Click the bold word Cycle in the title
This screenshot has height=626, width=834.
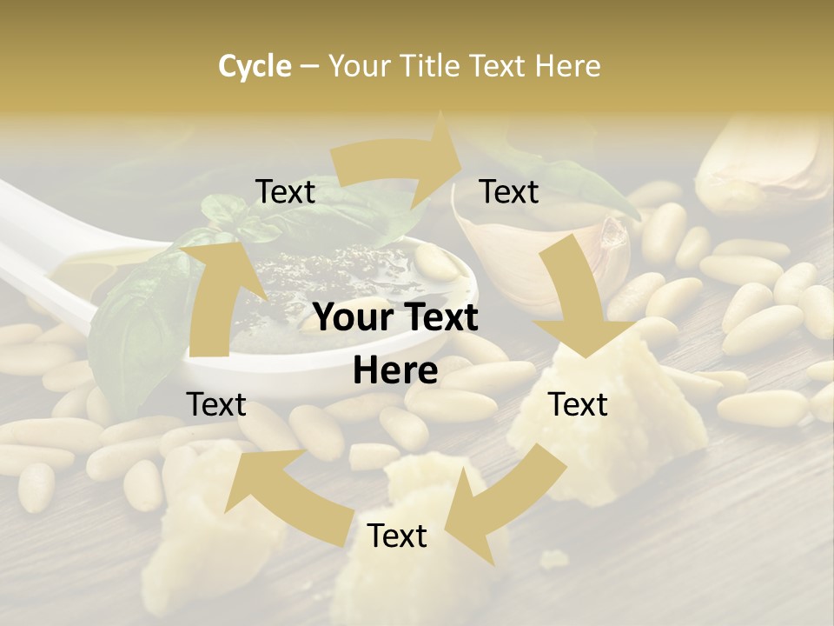pyautogui.click(x=255, y=66)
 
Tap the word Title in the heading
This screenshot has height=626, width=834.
pyautogui.click(x=434, y=66)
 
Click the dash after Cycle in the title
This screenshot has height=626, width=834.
pyautogui.click(x=309, y=67)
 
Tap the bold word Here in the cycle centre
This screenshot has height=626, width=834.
pyautogui.click(x=395, y=371)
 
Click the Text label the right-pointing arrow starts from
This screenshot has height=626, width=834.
pyautogui.click(x=286, y=192)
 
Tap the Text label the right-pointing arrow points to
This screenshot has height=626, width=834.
pyautogui.click(x=509, y=192)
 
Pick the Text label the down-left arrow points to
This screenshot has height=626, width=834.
pyautogui.click(x=397, y=536)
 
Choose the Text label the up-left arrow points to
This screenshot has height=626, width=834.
pyautogui.click(x=217, y=404)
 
